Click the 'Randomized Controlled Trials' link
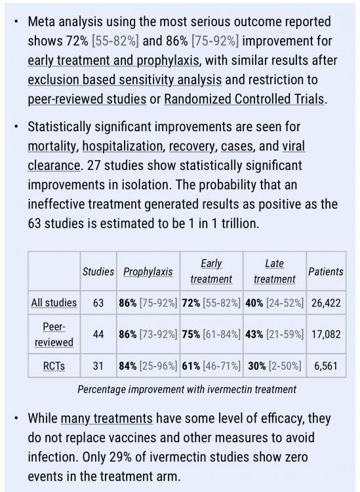tap(244, 99)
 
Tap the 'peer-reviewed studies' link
tap(87, 99)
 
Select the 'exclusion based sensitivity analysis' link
tap(125, 79)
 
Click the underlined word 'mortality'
tap(53, 146)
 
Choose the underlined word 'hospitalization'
tap(123, 146)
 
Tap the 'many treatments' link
tap(107, 419)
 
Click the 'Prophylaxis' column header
tap(148, 272)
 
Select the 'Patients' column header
tap(326, 272)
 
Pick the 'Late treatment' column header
tap(274, 271)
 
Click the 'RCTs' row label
tap(54, 366)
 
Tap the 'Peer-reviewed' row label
tap(54, 334)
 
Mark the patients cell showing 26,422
tap(326, 303)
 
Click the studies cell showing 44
tap(98, 334)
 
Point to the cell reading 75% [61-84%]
tap(211, 334)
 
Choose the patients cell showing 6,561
tap(326, 366)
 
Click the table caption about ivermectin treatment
tap(187, 390)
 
